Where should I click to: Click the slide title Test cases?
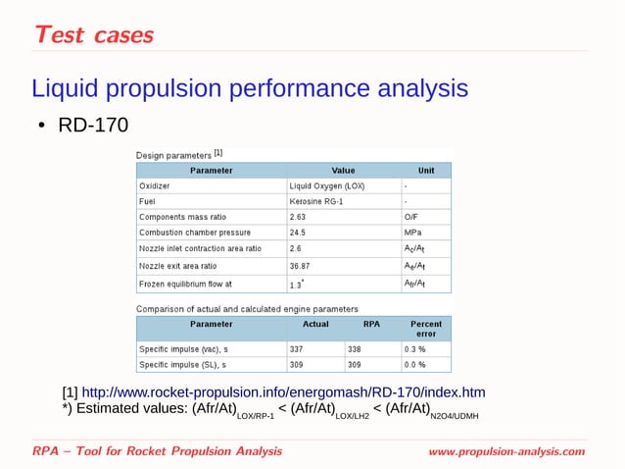(93, 34)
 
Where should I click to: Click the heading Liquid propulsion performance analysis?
(250, 89)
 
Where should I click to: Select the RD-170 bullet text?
(93, 127)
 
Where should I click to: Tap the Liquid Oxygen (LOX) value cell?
(327, 184)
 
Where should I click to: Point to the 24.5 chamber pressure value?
(298, 233)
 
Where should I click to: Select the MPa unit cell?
(413, 233)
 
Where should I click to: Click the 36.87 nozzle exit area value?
(300, 265)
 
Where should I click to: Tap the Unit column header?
(425, 169)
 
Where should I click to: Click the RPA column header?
(370, 323)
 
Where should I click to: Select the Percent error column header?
(425, 329)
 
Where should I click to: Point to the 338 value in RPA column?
(355, 348)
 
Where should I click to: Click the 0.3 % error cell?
(414, 348)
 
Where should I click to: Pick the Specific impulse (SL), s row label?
(183, 364)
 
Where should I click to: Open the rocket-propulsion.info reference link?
(282, 392)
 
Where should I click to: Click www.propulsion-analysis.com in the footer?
(505, 451)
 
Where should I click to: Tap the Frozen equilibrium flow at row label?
(185, 284)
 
